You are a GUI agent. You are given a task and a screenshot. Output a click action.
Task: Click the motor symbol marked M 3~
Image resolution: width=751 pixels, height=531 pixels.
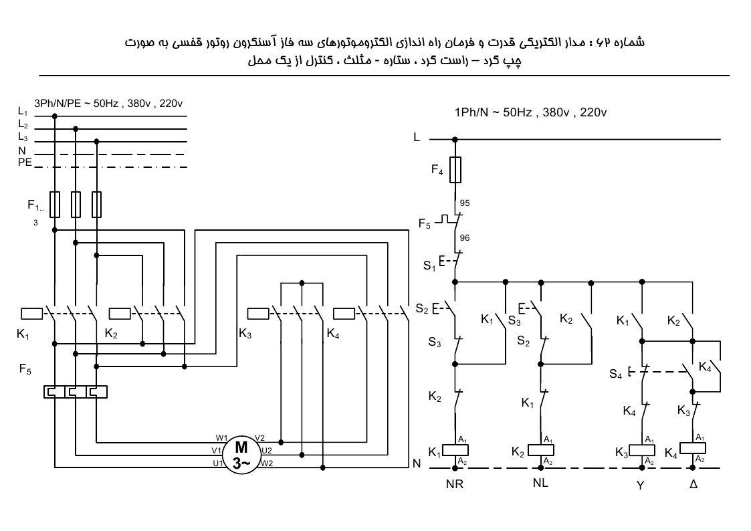[x=241, y=455]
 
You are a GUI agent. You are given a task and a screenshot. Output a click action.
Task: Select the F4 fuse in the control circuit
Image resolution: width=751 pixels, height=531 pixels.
[x=455, y=169]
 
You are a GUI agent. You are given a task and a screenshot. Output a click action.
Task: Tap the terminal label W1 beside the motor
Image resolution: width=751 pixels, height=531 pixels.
[x=221, y=438]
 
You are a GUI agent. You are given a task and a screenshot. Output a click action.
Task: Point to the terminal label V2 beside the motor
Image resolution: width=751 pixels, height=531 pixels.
[x=259, y=438]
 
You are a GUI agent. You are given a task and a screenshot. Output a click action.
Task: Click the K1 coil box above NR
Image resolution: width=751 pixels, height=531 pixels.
[x=455, y=450]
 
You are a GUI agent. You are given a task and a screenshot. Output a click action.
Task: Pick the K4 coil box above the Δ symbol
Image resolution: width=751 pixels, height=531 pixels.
[x=693, y=448]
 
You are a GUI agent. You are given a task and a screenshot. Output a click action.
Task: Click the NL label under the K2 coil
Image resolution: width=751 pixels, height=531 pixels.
[x=540, y=483]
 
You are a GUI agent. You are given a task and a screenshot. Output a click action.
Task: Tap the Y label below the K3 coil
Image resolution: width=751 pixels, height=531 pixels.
[x=641, y=485]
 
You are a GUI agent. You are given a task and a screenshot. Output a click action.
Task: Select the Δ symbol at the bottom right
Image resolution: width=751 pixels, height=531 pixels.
[x=693, y=484]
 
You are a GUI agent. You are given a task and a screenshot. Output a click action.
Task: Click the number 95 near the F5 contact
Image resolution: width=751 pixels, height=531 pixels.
[x=465, y=203]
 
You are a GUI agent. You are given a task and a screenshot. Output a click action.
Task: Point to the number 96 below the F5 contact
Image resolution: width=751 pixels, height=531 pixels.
[x=465, y=237]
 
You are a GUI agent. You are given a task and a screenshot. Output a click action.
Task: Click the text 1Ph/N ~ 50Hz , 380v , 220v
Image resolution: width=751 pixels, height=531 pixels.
[x=531, y=112]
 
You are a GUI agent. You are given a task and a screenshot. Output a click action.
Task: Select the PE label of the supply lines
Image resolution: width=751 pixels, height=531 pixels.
[x=25, y=163]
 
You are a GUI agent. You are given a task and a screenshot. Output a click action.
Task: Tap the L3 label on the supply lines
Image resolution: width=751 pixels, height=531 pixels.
[x=23, y=137]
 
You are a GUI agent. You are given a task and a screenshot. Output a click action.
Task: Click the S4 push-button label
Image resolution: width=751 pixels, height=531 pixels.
[x=616, y=374]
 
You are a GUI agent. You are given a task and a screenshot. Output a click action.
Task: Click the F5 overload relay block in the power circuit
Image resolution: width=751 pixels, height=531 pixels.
[x=75, y=392]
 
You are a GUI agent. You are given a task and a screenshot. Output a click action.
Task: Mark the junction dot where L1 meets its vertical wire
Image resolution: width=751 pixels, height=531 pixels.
[x=55, y=116]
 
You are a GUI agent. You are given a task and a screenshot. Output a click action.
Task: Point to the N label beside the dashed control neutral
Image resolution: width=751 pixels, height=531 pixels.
[x=417, y=463]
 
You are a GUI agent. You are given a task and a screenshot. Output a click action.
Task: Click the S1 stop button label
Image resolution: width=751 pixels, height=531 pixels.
[x=429, y=265]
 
